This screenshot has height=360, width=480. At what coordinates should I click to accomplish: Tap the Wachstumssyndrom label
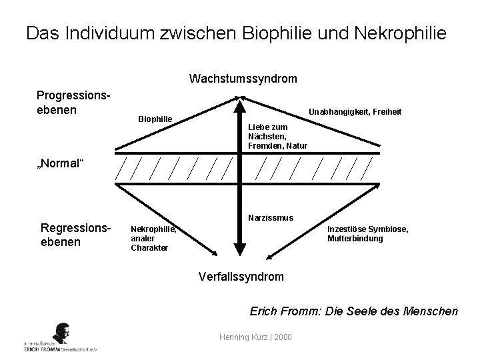[x=243, y=79]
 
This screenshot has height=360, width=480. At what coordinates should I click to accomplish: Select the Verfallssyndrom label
[x=241, y=276]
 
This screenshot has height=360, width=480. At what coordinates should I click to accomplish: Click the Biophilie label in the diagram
[x=155, y=119]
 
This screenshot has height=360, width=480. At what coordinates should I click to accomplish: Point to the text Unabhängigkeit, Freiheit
[x=353, y=112]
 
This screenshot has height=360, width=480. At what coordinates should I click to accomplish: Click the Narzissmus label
[x=270, y=218]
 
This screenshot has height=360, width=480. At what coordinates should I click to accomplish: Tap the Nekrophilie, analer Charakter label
[x=154, y=238]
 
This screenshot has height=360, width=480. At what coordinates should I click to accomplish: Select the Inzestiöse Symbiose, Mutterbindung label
[x=367, y=233]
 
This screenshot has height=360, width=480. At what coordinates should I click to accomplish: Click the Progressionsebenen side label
[x=73, y=103]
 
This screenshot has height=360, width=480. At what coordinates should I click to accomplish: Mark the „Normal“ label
[x=61, y=164]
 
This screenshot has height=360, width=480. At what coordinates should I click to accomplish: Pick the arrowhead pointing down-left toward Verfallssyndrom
[x=268, y=255]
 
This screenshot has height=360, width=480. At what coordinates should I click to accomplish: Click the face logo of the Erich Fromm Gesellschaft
[x=61, y=333]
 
